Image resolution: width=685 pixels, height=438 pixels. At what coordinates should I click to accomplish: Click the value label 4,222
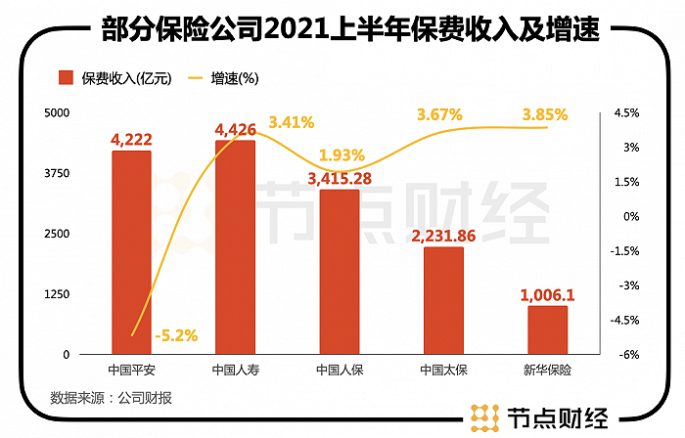[x=131, y=140]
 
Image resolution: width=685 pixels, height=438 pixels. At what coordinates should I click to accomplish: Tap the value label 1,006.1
[x=548, y=293]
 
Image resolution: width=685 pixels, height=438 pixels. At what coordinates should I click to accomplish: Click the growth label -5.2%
[x=176, y=335]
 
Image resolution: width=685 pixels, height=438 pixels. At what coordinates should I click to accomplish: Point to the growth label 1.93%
[x=342, y=155]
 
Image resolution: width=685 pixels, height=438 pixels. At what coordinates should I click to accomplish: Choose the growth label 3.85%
[x=545, y=114]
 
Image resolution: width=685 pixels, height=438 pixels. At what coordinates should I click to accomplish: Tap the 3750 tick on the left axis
[x=59, y=173]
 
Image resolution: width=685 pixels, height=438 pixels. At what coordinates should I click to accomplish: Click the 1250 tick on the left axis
[x=59, y=293]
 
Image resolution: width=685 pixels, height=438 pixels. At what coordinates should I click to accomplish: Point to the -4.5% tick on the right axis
[x=626, y=320]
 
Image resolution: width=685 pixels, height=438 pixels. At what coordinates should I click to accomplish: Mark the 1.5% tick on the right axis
[x=626, y=182]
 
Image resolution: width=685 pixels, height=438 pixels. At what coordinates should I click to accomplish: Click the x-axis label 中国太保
[x=443, y=371]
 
